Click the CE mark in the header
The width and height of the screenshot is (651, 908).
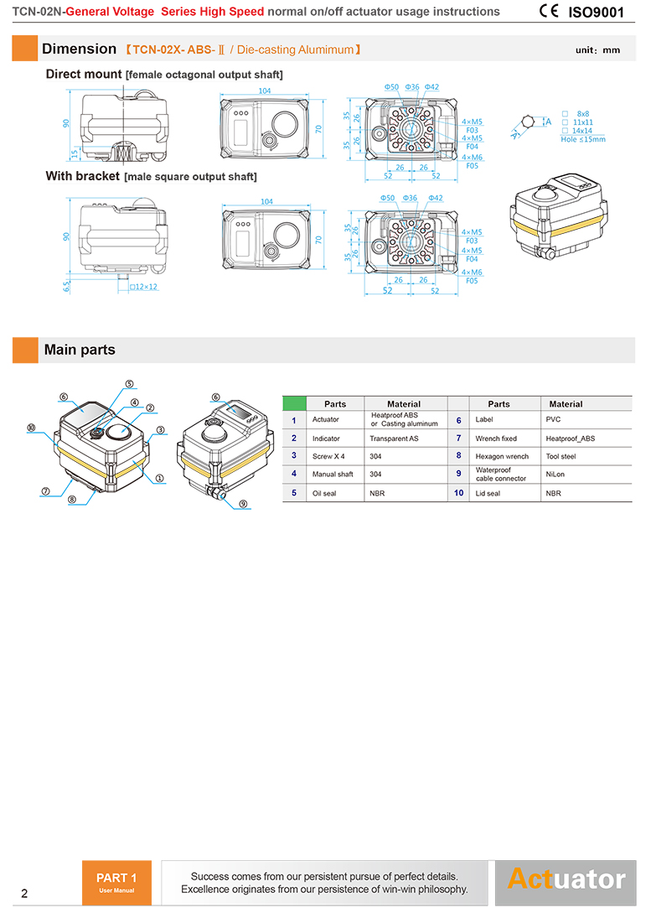pos(550,12)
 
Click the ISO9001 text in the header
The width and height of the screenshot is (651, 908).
pos(597,13)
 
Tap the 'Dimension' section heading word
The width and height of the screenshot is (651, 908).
pos(79,49)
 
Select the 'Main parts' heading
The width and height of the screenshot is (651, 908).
pos(80,350)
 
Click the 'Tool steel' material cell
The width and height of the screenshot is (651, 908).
pos(561,456)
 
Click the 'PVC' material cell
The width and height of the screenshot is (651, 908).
pos(553,419)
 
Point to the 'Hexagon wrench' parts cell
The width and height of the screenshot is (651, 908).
pos(502,456)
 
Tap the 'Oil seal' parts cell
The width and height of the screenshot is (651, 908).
pos(324,493)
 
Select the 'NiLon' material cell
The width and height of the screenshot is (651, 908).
pos(555,475)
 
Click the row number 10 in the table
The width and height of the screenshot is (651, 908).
pos(458,493)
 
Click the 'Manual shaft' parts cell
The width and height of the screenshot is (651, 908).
pos(333,475)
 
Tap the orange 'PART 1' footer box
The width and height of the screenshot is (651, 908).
pos(116,882)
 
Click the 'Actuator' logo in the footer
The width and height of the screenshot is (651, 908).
pos(566,879)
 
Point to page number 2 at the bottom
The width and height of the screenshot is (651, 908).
pos(24,893)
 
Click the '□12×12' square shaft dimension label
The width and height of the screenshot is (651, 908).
pos(143,287)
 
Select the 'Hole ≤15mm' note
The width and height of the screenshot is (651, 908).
pos(582,139)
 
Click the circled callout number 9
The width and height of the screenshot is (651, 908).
pos(242,504)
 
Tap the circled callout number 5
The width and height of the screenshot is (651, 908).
pos(130,384)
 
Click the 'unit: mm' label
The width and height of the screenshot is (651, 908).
pos(597,50)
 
